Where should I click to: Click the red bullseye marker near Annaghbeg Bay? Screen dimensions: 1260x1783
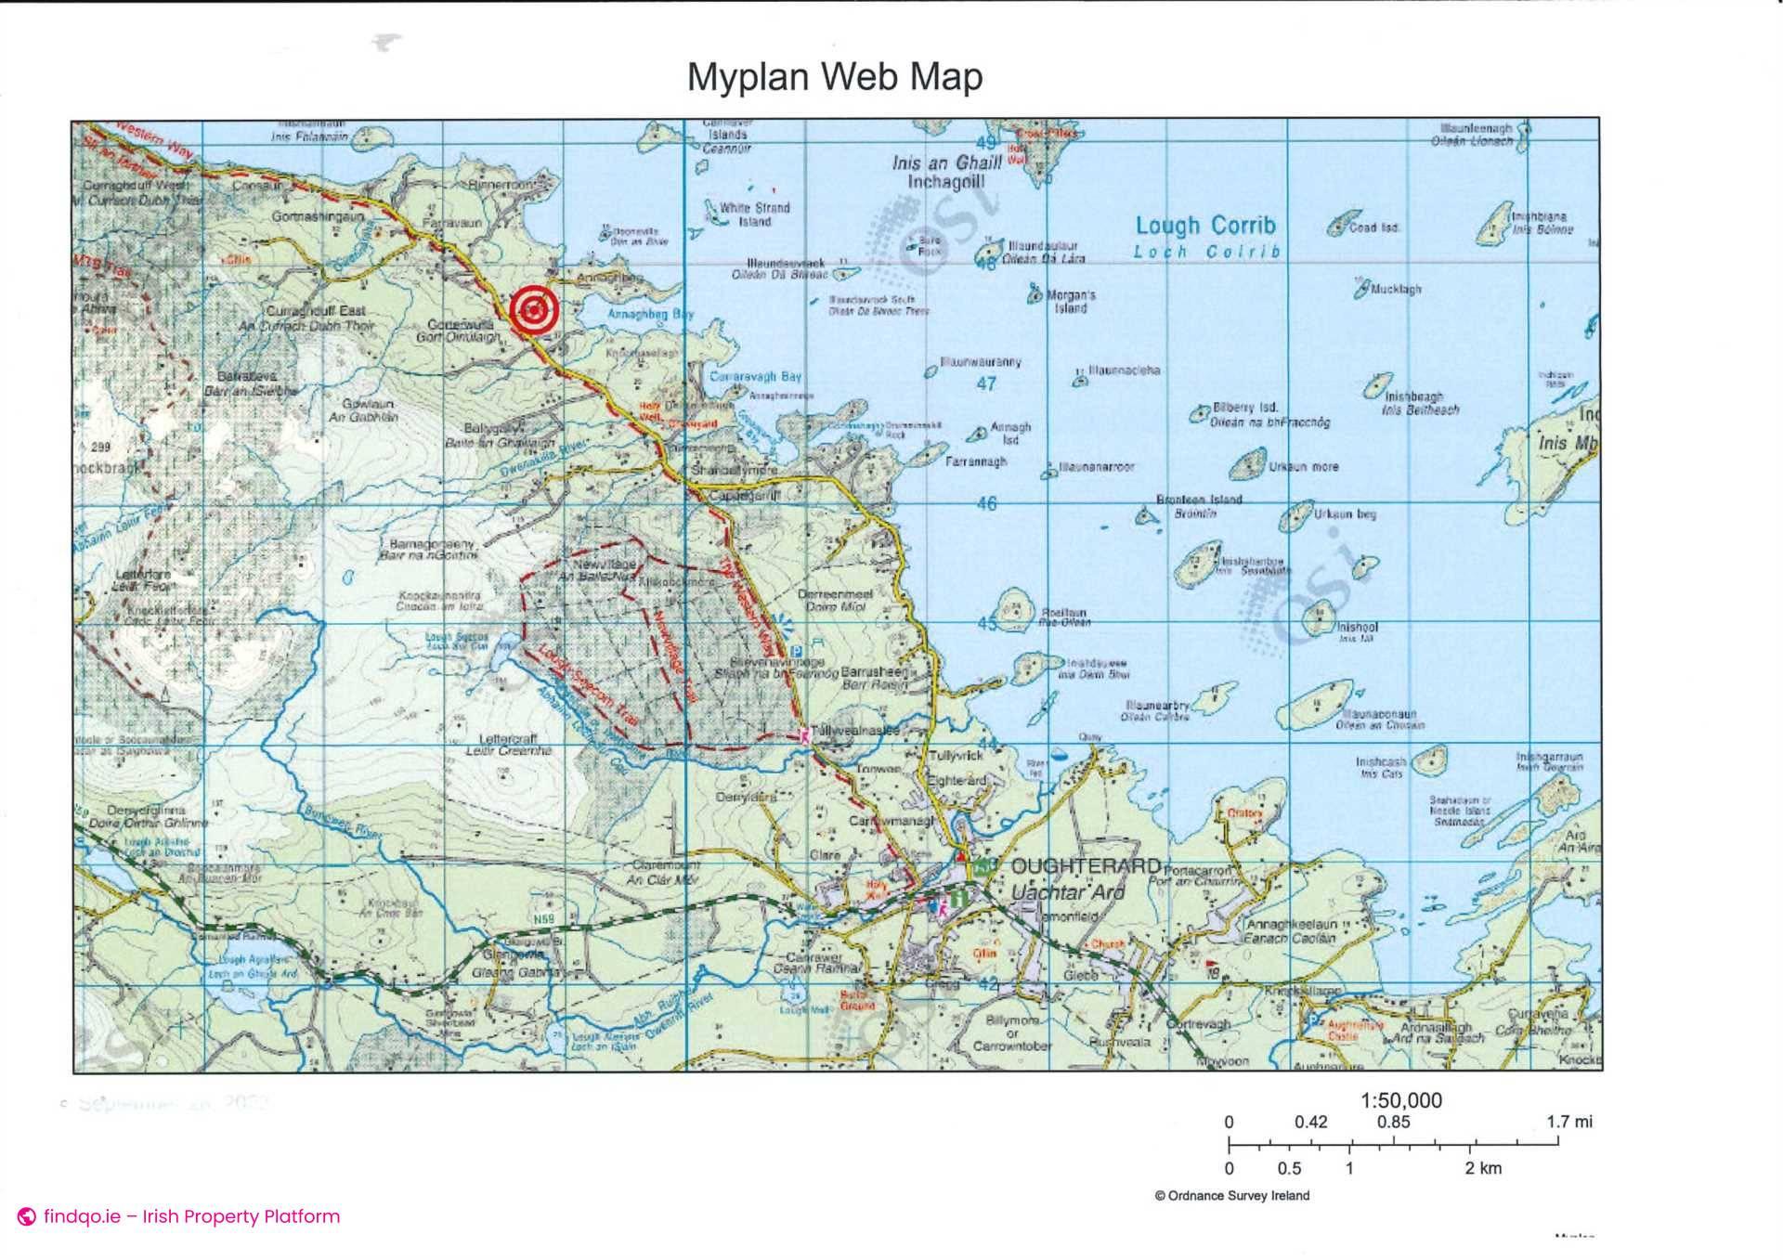point(534,310)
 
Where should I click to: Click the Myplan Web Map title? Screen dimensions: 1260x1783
point(834,76)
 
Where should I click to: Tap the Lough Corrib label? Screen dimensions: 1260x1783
point(1205,226)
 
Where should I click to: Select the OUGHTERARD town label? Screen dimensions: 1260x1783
point(1085,867)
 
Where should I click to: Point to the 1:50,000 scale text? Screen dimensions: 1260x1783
point(1400,1100)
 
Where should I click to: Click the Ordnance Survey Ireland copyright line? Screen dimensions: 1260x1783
point(1231,1196)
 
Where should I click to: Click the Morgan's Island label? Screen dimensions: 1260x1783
point(1071,302)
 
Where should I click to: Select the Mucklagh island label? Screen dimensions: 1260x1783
point(1396,290)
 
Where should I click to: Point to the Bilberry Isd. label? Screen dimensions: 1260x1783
point(1245,408)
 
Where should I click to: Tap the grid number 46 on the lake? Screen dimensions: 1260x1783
point(986,503)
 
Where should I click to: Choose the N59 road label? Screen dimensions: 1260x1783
point(543,919)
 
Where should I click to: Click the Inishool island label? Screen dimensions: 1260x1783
point(1357,628)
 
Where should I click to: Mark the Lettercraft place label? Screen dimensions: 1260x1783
point(508,739)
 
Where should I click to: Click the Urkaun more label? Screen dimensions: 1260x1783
point(1304,467)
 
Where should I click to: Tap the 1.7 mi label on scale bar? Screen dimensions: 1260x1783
point(1568,1122)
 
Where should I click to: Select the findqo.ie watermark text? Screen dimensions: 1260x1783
point(190,1216)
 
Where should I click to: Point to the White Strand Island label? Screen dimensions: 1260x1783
point(754,214)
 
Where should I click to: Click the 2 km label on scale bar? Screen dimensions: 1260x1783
point(1483,1168)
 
